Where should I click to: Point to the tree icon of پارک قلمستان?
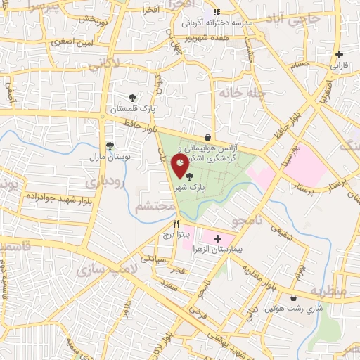tap(132, 98)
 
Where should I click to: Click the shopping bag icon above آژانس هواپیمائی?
tap(207, 137)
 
